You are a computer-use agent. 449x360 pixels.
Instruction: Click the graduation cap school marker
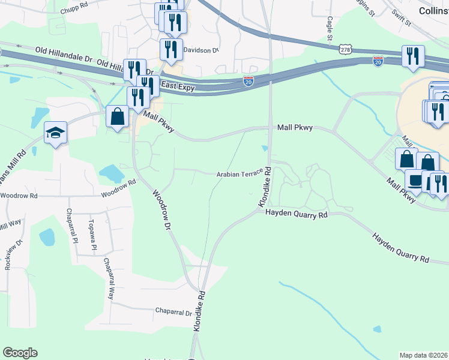(x=56, y=132)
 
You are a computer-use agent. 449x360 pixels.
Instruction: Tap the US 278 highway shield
(x=344, y=50)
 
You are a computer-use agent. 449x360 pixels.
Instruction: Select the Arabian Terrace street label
(x=240, y=174)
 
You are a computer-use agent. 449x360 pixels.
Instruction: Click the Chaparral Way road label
(x=109, y=279)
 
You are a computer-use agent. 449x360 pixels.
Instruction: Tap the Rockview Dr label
(x=14, y=254)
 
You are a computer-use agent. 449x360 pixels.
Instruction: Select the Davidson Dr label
(x=202, y=50)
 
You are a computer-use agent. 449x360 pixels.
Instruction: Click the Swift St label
(x=400, y=19)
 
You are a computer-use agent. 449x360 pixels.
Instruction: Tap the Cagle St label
(x=330, y=28)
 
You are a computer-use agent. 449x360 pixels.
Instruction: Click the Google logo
(x=20, y=353)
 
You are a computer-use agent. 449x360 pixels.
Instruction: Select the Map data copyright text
(x=424, y=355)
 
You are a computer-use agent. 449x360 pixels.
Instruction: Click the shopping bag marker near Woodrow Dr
(x=118, y=116)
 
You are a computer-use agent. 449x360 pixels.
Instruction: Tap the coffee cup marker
(x=415, y=179)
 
